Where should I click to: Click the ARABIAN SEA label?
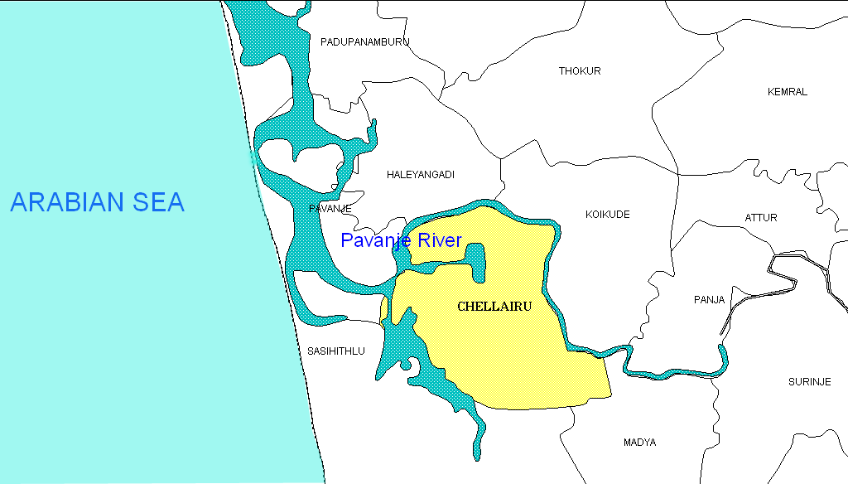(x=97, y=202)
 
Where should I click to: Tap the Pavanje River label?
(x=401, y=241)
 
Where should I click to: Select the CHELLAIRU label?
(x=494, y=307)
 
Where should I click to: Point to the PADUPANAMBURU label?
(x=365, y=42)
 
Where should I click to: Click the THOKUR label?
(x=580, y=71)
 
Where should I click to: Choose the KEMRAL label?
(x=787, y=92)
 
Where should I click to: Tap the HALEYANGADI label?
(x=421, y=175)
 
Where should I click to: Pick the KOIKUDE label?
(x=608, y=215)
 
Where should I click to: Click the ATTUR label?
(x=761, y=218)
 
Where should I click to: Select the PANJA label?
(x=709, y=300)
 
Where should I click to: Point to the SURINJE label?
(x=809, y=382)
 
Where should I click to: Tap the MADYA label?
(x=639, y=443)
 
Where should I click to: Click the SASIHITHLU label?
(x=335, y=351)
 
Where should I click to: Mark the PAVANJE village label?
(x=330, y=209)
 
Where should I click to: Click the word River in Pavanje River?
(x=438, y=241)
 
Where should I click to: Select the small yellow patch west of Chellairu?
(x=384, y=309)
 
